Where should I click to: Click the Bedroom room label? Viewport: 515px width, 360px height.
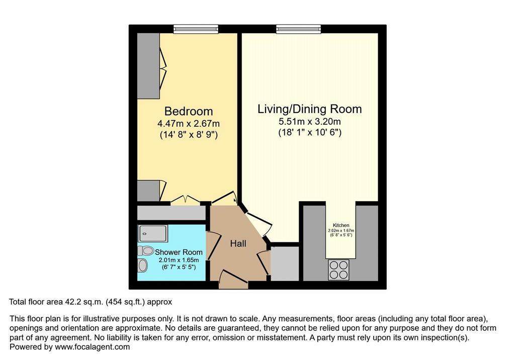[189, 111]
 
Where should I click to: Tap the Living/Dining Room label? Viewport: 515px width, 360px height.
[309, 109]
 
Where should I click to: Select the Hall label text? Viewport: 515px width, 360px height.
[238, 243]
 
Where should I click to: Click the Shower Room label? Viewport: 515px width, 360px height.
[179, 252]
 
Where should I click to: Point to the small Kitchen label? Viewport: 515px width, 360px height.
[341, 225]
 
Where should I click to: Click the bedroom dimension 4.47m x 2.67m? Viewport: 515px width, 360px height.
[189, 124]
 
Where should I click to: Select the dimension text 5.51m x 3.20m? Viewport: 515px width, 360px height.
[310, 122]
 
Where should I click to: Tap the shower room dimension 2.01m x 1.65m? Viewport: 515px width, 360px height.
[179, 260]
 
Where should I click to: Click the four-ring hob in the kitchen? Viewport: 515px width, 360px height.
[338, 269]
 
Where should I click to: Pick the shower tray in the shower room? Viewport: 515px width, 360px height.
[153, 233]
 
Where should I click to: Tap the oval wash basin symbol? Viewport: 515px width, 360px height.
[142, 265]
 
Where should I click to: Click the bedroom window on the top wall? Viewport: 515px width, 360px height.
[196, 29]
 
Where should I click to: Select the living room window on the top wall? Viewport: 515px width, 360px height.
[298, 29]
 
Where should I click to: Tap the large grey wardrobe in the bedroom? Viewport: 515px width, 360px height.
[148, 66]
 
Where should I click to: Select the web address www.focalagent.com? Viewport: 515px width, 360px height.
[93, 347]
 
